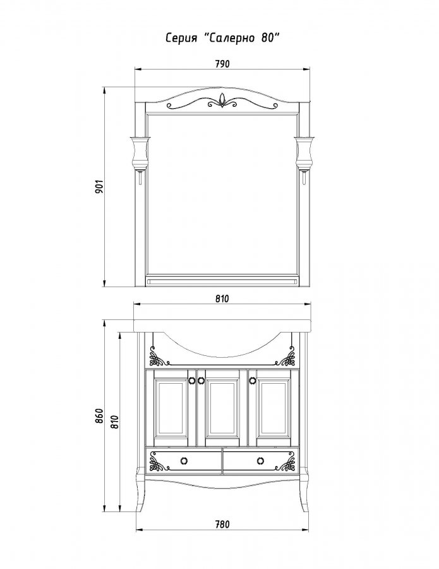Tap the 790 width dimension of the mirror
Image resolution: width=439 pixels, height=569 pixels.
[x=222, y=64]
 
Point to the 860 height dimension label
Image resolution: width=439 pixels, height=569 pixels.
[x=99, y=416]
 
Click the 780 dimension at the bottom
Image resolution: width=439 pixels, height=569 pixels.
[x=222, y=524]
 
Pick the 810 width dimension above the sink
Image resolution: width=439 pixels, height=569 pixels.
[x=222, y=298]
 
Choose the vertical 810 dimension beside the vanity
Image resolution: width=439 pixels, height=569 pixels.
[x=114, y=421]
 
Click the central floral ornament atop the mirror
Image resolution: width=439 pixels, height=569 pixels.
[x=222, y=101]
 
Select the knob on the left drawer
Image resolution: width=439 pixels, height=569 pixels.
[x=184, y=460]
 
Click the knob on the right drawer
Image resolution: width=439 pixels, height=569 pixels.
[x=260, y=460]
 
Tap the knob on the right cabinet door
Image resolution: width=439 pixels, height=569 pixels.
[x=252, y=380]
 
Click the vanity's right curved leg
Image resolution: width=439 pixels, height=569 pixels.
[x=304, y=494]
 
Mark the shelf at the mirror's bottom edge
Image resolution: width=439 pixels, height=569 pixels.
[x=222, y=281]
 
